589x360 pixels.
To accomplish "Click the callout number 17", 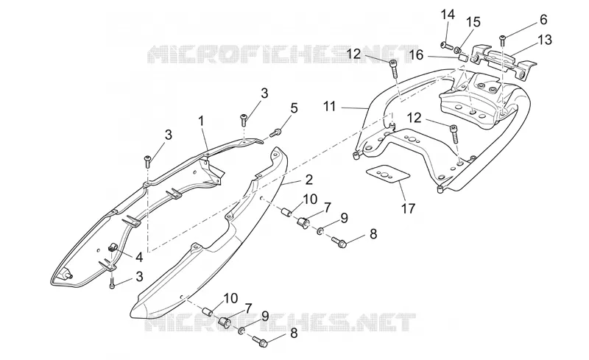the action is tap(409, 208).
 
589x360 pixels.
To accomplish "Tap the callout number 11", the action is tap(329, 106).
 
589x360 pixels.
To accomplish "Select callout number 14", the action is tap(448, 14).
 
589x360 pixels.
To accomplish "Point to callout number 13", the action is tap(545, 39).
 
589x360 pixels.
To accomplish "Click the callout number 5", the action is tap(294, 107).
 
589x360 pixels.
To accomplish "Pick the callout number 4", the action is tap(139, 257).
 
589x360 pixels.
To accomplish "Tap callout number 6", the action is tap(543, 19).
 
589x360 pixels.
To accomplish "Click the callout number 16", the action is tap(416, 55).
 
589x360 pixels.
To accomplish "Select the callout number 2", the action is tap(308, 179).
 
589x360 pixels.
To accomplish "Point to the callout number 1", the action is tap(201, 121).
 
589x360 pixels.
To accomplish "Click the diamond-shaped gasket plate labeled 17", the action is tap(387, 174).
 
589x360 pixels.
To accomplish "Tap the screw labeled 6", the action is tap(503, 38).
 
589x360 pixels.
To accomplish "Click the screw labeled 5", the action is tap(276, 133).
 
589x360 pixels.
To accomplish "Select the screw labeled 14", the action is tap(447, 46).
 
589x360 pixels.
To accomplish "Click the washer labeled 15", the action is tap(458, 50).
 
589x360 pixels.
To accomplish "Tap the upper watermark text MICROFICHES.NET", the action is tap(278, 54).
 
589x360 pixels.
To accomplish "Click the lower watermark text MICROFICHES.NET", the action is tap(281, 322).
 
